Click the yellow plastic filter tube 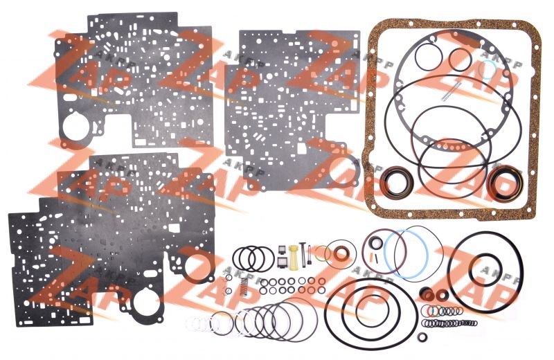click(293, 258)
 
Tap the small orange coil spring click(243, 287)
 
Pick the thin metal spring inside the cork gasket click(452, 92)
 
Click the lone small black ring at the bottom click(422, 337)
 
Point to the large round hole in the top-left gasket click(75, 127)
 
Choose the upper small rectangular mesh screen click(282, 250)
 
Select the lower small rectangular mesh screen click(282, 262)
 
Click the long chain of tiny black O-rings click(449, 323)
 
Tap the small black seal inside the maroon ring click(377, 244)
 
